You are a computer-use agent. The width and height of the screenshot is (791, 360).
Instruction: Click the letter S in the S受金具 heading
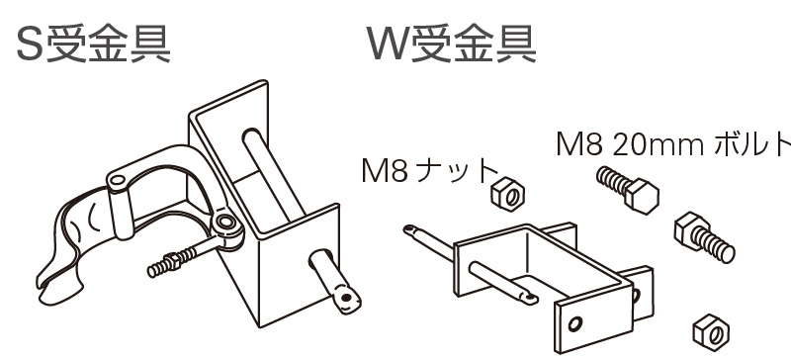[x=31, y=45]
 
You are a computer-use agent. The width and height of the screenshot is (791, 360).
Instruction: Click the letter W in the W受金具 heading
[x=389, y=44]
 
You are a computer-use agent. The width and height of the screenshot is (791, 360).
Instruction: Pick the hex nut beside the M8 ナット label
[x=507, y=193]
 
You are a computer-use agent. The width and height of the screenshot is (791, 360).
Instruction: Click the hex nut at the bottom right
[x=711, y=331]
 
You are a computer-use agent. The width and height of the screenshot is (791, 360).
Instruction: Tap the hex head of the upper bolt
[x=642, y=196]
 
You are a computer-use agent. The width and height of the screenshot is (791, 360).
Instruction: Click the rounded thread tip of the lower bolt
[x=728, y=253]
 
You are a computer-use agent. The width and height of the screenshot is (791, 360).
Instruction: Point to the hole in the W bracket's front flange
[x=575, y=323]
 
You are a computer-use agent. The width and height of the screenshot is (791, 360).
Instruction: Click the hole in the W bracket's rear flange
[x=636, y=296]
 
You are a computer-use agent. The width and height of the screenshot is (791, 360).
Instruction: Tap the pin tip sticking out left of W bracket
[x=409, y=229]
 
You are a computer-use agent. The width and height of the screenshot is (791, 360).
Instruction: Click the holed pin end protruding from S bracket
[x=344, y=298]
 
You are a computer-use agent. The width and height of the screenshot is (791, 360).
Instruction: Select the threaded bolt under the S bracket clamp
[x=182, y=259]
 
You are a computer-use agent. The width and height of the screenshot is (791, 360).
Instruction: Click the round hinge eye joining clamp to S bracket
[x=225, y=222]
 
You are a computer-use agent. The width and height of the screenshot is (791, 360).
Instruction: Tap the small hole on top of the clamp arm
[x=118, y=179]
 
